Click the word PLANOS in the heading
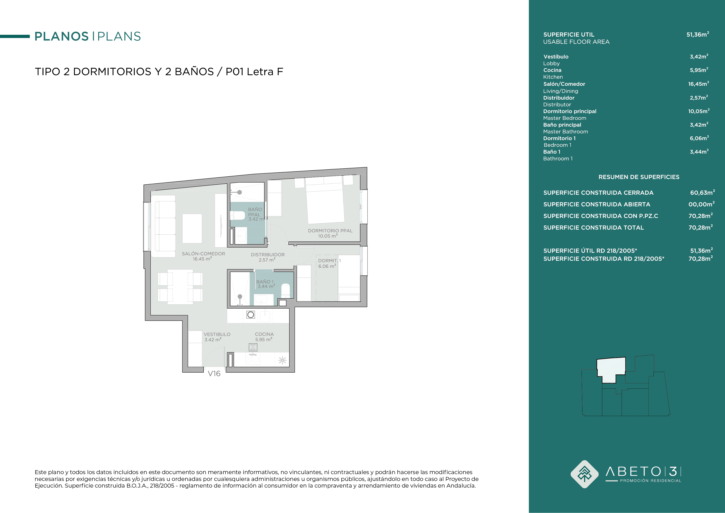click(62, 36)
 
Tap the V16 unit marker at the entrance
click(214, 374)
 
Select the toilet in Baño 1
click(285, 291)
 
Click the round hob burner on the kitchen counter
click(251, 315)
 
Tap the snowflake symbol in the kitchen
click(282, 360)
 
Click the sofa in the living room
click(163, 226)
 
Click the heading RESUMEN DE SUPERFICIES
click(639, 177)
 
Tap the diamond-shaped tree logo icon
click(584, 474)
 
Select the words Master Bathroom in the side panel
click(565, 132)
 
